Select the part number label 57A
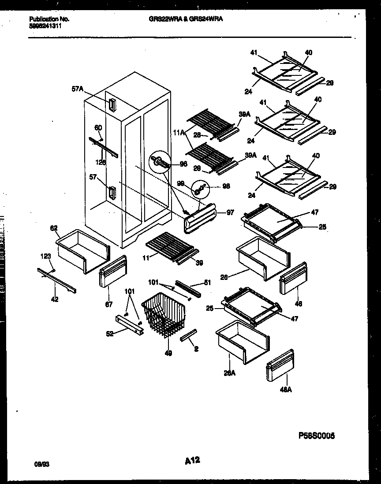[x=77, y=89]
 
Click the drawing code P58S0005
[x=317, y=435]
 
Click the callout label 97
[x=230, y=213]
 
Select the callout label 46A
[x=286, y=389]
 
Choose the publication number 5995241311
[x=46, y=26]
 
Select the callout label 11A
[x=178, y=132]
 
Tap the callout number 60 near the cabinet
[x=98, y=127]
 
